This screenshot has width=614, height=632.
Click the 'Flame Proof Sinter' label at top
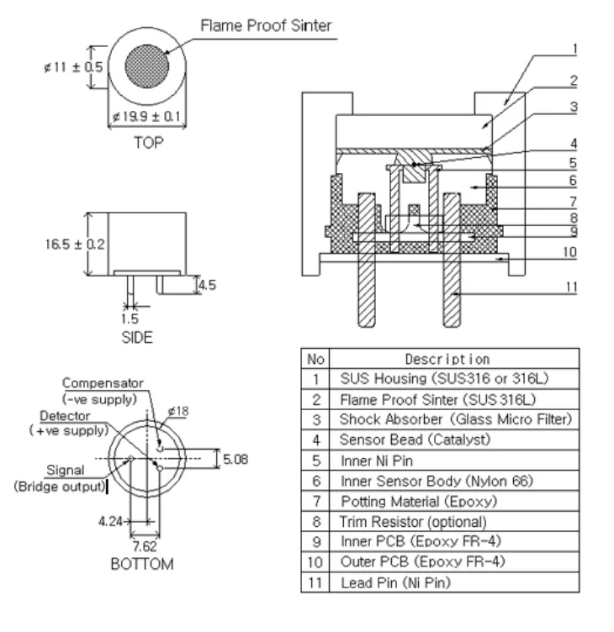[265, 25]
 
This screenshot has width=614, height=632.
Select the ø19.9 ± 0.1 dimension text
[146, 118]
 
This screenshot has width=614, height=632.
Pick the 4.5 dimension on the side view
[206, 285]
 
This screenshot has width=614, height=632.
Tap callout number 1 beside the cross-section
[573, 49]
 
